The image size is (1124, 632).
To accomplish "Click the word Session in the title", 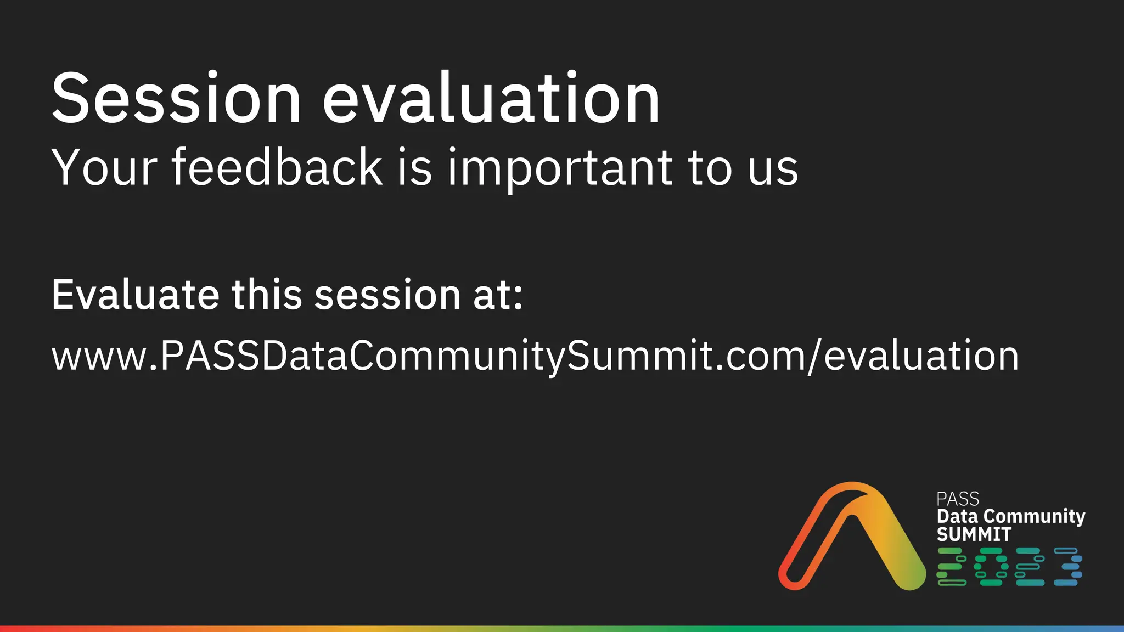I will coord(176,99).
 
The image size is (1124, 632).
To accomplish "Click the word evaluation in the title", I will coord(491,99).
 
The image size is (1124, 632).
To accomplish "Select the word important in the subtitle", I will coord(560,169).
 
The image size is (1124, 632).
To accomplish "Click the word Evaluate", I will coord(135,295).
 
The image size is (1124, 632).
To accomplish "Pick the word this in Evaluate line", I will coord(267,295).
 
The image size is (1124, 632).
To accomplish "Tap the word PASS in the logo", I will coord(957,499).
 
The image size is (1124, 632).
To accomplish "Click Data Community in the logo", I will coord(1011,517).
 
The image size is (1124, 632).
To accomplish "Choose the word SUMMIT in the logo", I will coord(974,534).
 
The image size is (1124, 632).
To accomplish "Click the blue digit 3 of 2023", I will coord(1068,566).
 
